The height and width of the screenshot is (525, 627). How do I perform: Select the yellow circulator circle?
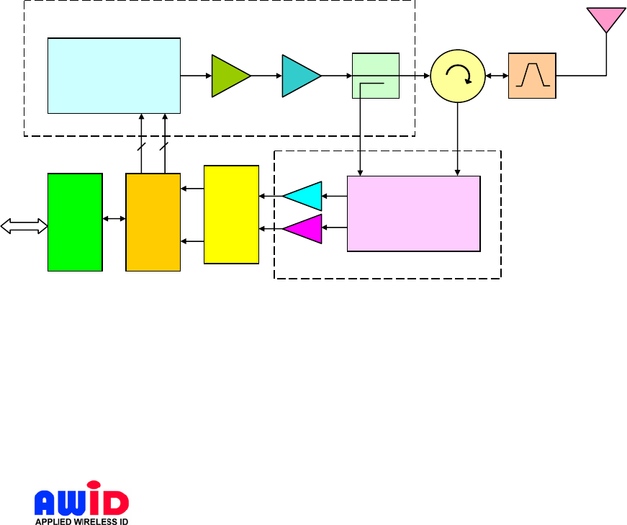click(458, 76)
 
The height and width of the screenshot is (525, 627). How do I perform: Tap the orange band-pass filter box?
click(532, 76)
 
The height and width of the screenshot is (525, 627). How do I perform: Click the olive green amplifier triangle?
click(228, 76)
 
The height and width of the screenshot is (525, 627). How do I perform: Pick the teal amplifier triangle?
click(299, 76)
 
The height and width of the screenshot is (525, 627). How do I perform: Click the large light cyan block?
click(114, 76)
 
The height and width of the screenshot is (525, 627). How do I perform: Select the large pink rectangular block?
click(413, 213)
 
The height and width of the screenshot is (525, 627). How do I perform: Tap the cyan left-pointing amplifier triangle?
click(304, 195)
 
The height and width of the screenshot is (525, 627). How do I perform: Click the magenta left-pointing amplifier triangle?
click(304, 229)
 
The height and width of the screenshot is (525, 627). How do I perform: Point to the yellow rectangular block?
click(231, 215)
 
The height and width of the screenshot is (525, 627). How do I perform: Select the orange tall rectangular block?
click(153, 222)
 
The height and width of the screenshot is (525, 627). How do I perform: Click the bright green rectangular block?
click(75, 222)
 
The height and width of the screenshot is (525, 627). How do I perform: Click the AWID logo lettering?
click(81, 498)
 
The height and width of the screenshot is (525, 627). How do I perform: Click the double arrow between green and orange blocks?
click(114, 218)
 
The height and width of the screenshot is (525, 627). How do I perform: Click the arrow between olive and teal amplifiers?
click(266, 76)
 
